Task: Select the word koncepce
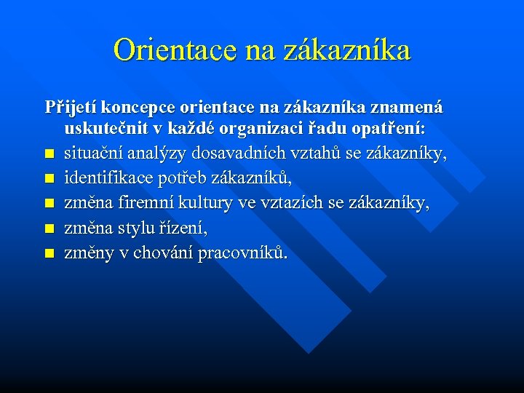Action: (135, 107)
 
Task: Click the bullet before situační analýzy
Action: (49, 155)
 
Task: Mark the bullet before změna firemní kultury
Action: (49, 205)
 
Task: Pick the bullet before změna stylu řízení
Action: (49, 229)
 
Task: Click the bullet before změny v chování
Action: (49, 254)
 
